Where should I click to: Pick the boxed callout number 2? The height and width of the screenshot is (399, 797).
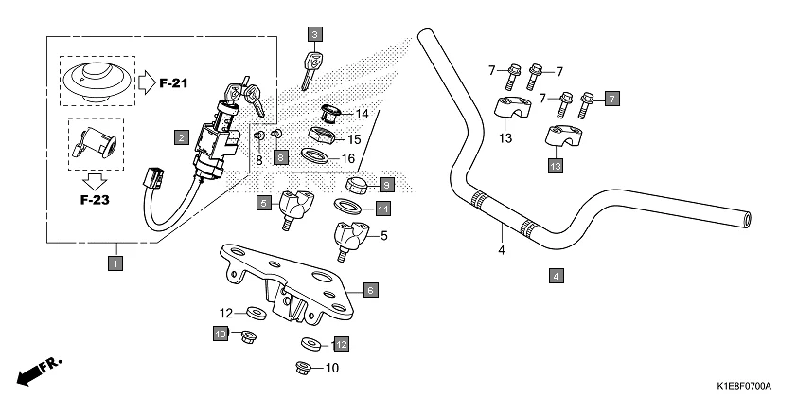[180, 137]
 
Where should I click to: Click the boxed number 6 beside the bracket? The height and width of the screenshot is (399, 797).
[371, 289]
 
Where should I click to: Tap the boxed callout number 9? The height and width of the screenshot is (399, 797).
[386, 183]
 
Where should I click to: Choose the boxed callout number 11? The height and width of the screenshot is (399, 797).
[381, 209]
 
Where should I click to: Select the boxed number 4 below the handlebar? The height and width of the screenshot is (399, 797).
[557, 277]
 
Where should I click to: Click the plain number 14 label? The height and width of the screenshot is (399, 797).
[362, 115]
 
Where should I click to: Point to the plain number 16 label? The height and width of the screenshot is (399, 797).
[348, 158]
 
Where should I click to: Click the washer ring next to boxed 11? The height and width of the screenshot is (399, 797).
[348, 206]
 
